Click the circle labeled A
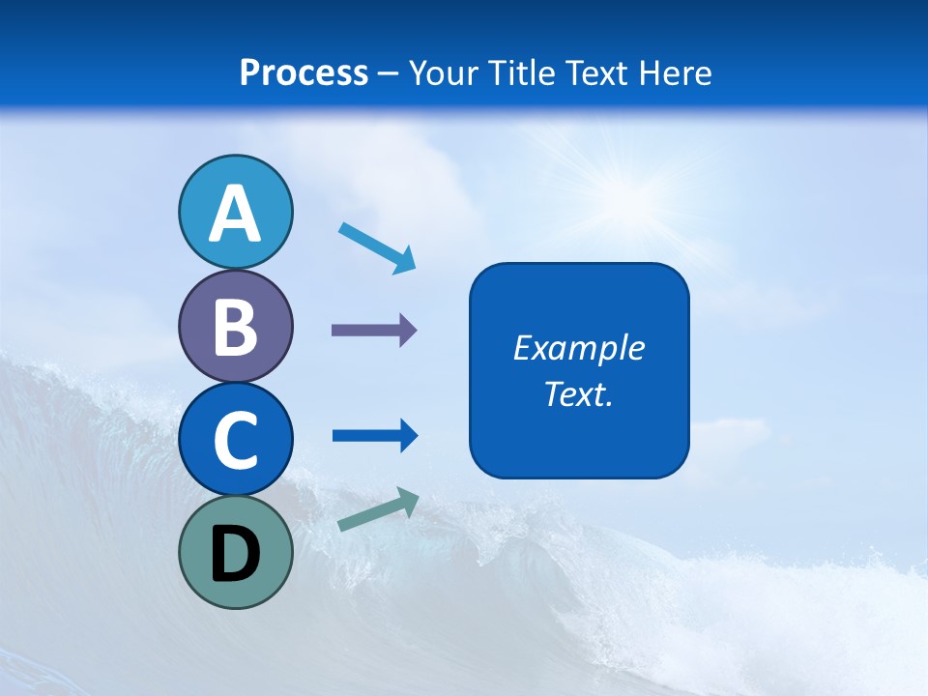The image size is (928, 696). [236, 212]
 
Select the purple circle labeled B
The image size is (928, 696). [236, 326]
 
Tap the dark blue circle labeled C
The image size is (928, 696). [236, 439]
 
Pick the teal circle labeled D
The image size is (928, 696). [236, 552]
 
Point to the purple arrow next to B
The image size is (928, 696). [373, 331]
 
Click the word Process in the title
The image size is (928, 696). [304, 72]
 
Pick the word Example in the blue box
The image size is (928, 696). [579, 348]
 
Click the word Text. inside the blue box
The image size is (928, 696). [579, 394]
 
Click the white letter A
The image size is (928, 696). [236, 214]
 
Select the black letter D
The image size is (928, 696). [236, 554]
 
